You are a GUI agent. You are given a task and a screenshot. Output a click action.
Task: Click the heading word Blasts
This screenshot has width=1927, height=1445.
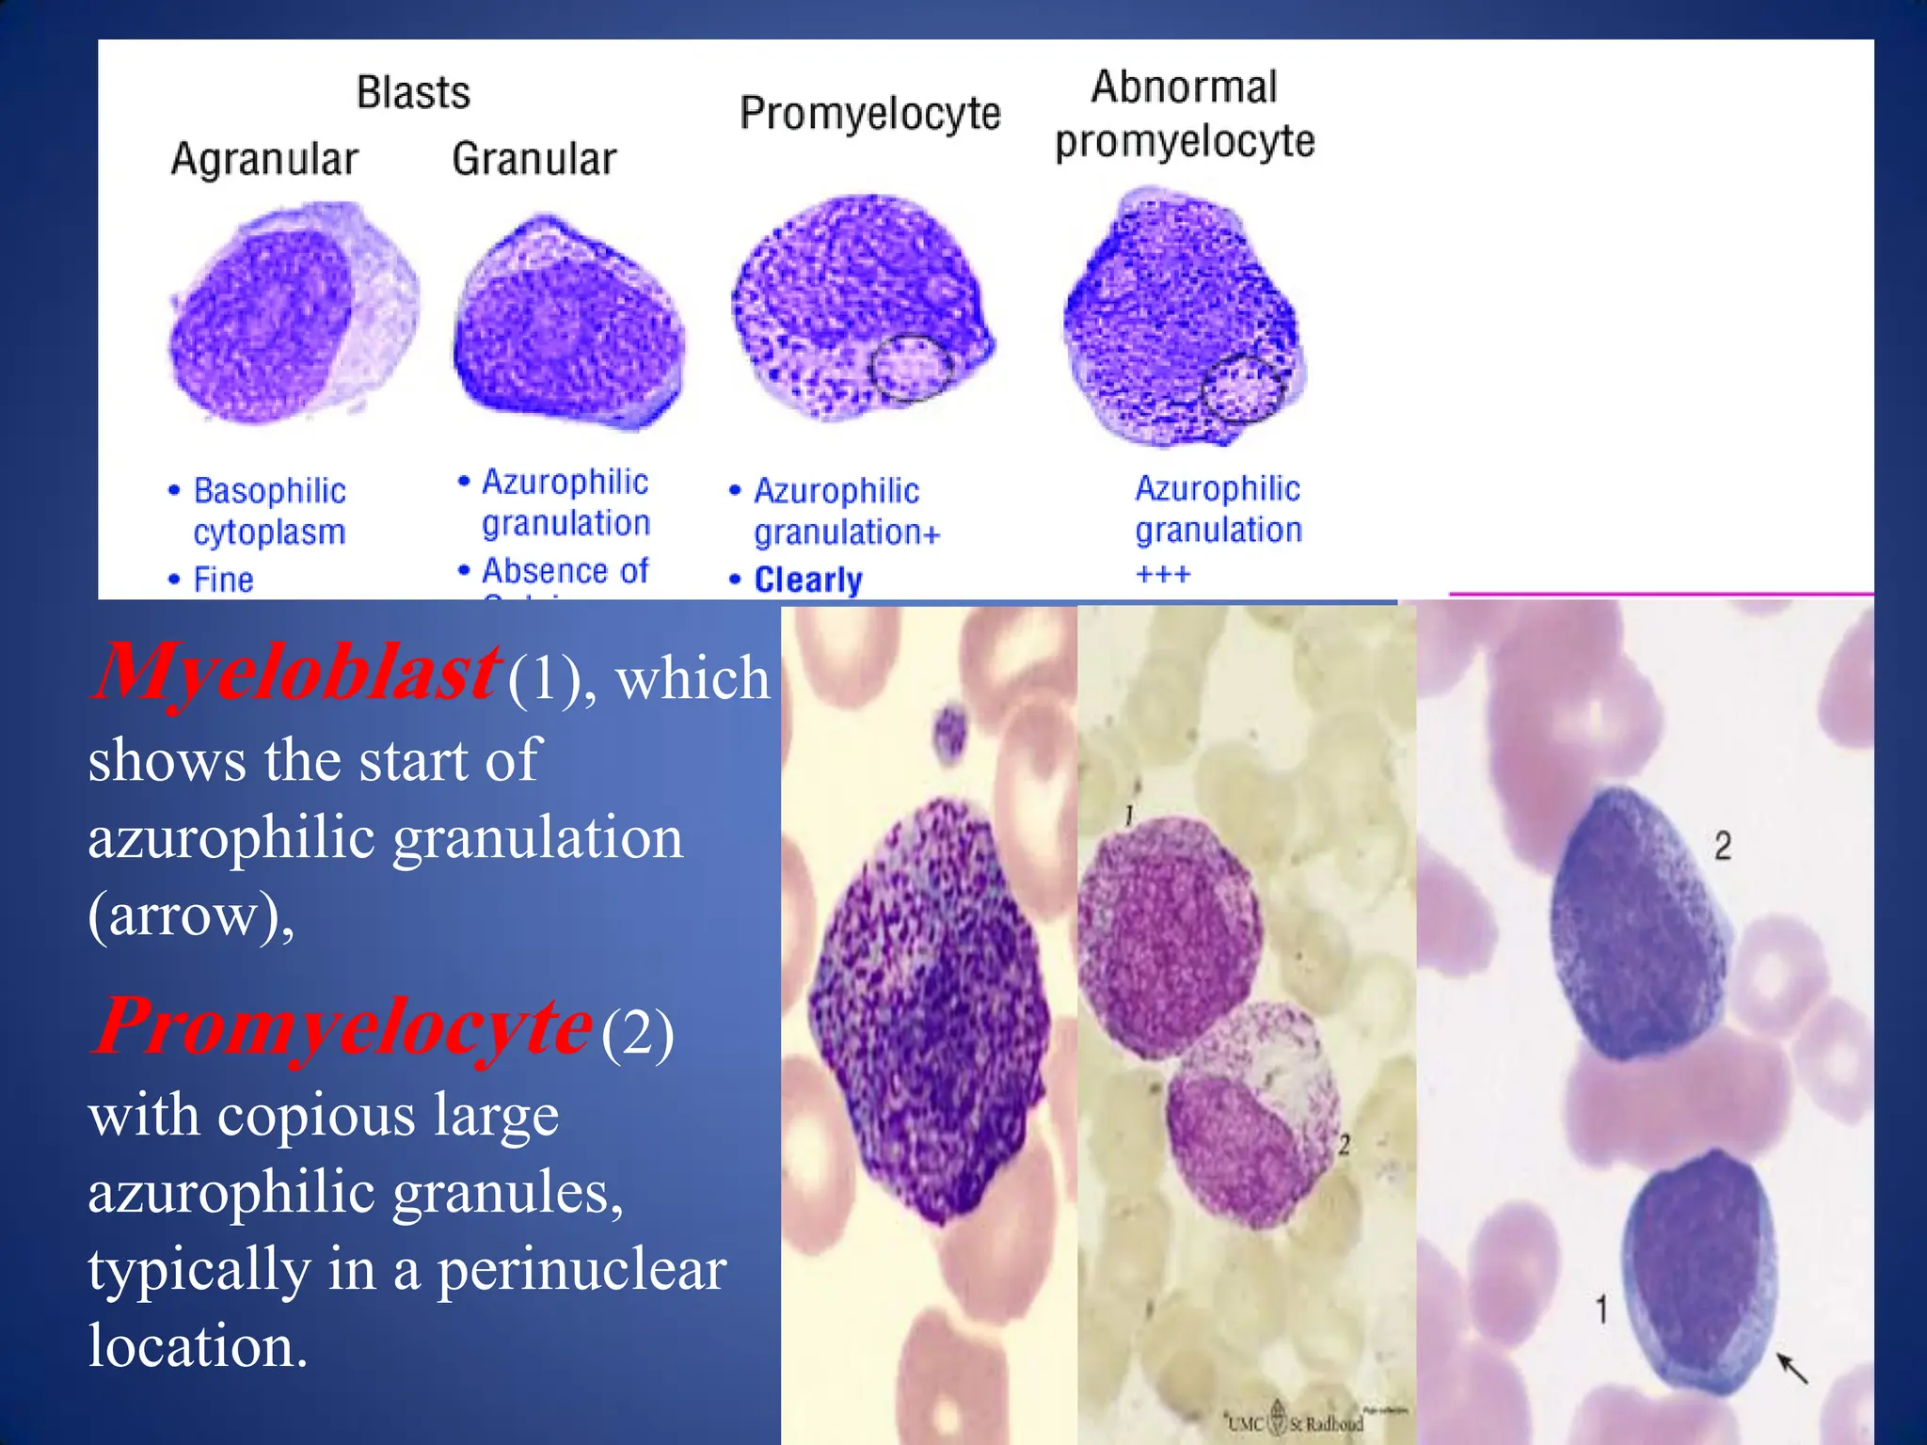pos(413,92)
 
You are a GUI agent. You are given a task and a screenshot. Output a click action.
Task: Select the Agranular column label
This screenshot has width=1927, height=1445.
pos(264,159)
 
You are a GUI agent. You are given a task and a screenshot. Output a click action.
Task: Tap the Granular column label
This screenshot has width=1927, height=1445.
pos(534,158)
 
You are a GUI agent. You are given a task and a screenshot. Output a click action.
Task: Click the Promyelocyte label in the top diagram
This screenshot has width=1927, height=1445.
pos(869,114)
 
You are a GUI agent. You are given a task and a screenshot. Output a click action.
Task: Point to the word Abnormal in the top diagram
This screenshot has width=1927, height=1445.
pos(1184,87)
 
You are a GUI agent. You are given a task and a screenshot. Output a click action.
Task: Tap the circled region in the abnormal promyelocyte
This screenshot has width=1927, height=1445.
pos(1242,389)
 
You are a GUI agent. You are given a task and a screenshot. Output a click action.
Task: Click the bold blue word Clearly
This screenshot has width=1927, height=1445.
pos(808,580)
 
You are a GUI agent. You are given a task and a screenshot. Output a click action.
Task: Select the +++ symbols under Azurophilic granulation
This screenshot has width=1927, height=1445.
pos(1163,574)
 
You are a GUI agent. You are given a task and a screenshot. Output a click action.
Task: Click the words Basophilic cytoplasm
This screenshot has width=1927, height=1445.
pos(269,511)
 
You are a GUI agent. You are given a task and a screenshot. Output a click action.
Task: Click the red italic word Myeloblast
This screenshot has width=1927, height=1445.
pos(294,673)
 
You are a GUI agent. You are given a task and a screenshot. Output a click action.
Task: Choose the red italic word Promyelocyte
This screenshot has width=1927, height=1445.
pos(342,1026)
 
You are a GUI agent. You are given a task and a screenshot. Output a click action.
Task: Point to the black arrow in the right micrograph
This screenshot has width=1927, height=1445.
pos(1792,1368)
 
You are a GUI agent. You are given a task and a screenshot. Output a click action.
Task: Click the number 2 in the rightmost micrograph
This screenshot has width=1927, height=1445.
pos(1722,846)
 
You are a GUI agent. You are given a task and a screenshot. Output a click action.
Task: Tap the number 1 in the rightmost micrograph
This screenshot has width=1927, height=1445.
pos(1601,1309)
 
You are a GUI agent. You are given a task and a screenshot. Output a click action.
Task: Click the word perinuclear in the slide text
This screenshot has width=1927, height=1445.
pos(581,1270)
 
